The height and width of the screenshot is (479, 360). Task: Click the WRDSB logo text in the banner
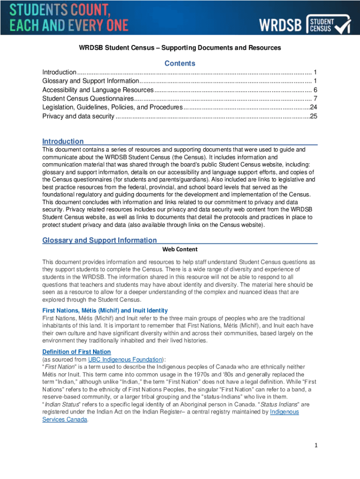(x=281, y=25)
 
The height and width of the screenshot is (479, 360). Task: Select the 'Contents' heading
(x=180, y=63)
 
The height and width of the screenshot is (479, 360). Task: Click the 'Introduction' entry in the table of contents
(x=59, y=72)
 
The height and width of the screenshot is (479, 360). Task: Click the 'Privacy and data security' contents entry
(x=78, y=116)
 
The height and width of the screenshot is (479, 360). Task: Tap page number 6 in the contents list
(x=316, y=90)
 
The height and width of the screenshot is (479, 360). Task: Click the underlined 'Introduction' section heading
(x=63, y=141)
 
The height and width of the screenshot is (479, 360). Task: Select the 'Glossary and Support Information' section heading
(x=100, y=240)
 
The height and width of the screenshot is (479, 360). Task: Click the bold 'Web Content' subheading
(x=180, y=249)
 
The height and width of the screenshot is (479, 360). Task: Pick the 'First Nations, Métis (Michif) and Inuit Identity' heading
(x=105, y=311)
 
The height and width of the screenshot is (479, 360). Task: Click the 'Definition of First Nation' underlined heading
(x=77, y=352)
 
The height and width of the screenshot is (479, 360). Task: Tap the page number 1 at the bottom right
(x=316, y=445)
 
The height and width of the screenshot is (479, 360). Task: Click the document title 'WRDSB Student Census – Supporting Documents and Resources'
(x=180, y=48)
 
